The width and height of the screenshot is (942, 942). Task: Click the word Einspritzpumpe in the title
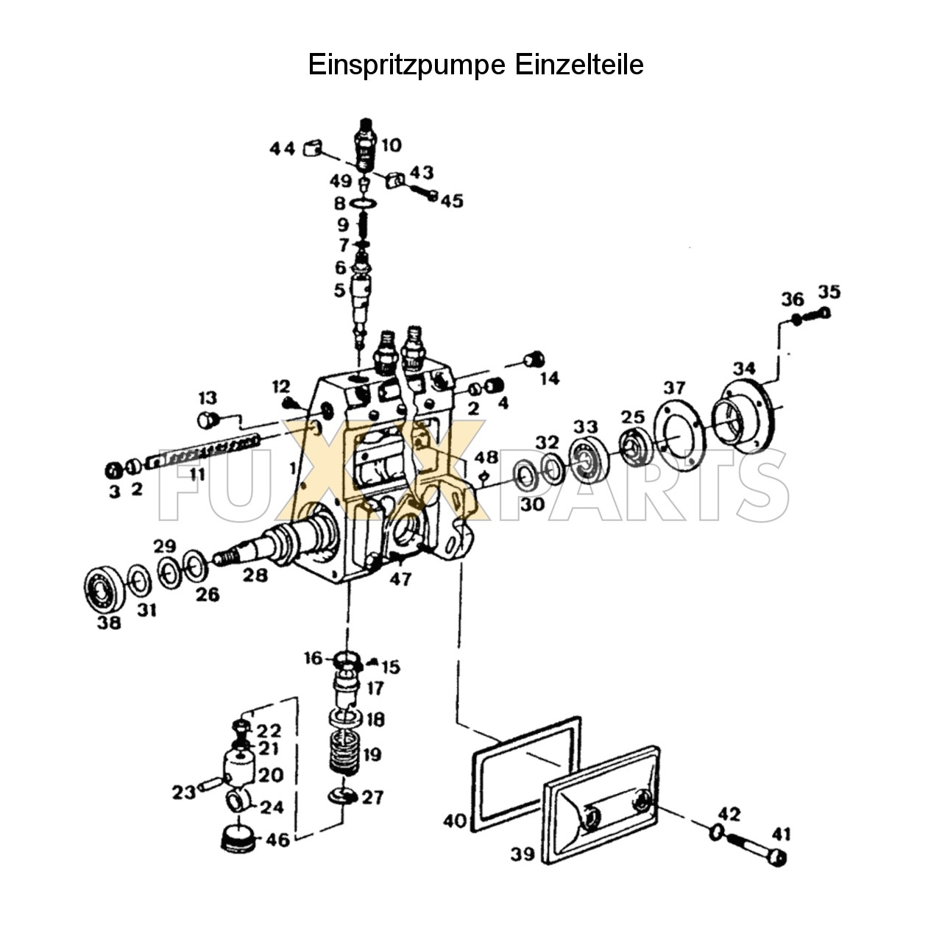click(406, 65)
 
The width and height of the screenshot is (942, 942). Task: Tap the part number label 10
click(392, 145)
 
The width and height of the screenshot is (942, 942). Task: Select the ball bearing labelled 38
click(102, 589)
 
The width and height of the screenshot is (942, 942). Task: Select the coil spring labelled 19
click(346, 755)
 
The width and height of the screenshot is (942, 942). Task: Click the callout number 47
click(400, 579)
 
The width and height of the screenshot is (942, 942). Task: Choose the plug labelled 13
click(208, 420)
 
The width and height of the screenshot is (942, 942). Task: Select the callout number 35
click(829, 291)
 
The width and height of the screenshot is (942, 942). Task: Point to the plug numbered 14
click(532, 360)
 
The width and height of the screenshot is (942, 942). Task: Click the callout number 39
click(523, 854)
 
